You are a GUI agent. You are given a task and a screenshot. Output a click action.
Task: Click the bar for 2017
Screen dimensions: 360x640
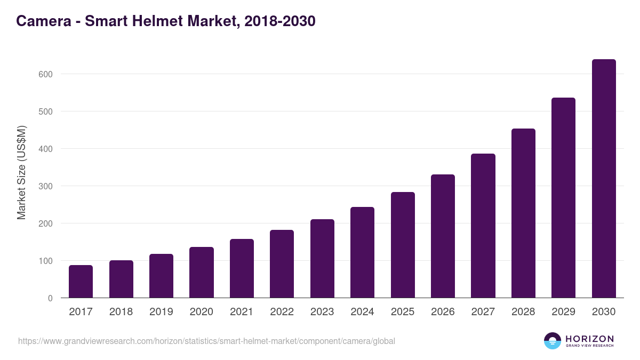[x=81, y=282]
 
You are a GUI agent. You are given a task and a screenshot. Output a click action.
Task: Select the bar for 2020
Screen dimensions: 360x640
[x=202, y=273]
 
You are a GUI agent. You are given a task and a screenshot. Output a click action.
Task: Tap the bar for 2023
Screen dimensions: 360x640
[x=322, y=259]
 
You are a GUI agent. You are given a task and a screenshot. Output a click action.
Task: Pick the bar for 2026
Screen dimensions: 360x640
[x=443, y=236]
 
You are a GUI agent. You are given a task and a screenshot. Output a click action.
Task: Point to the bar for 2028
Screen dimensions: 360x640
[x=523, y=213]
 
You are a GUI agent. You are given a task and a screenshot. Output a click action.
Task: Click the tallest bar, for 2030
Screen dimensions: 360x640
[x=604, y=179]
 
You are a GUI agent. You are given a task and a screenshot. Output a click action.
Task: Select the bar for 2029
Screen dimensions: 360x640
[x=563, y=198]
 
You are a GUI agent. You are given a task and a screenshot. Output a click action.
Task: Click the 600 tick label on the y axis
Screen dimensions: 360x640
[x=45, y=74]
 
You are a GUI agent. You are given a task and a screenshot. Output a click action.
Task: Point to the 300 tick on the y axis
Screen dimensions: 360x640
[x=45, y=186]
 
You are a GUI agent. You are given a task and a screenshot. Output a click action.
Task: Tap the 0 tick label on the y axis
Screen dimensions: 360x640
[x=50, y=298]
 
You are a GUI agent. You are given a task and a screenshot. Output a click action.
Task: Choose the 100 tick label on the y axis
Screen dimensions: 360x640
[x=45, y=261]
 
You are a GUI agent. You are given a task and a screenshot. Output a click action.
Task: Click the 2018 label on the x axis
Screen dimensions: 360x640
[x=121, y=312]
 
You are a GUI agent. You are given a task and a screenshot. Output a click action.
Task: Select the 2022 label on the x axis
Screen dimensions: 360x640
[x=282, y=312]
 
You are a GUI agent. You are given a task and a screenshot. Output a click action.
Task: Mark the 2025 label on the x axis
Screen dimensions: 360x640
[x=403, y=312]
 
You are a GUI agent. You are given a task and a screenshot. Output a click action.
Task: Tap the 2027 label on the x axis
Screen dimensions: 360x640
[x=483, y=312]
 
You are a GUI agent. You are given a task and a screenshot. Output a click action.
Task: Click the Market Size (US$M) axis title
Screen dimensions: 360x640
[x=21, y=172]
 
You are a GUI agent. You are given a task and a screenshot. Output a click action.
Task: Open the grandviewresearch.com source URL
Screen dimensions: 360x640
[x=206, y=341]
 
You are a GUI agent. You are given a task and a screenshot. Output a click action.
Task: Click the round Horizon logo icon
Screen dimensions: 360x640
[x=553, y=341]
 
